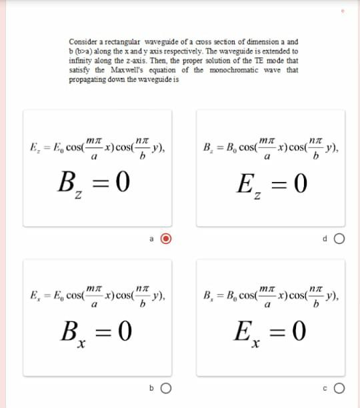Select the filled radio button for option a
coord(168,239)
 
